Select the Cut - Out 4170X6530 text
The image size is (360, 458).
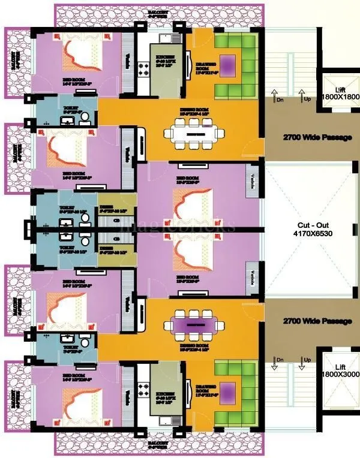[310, 230]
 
